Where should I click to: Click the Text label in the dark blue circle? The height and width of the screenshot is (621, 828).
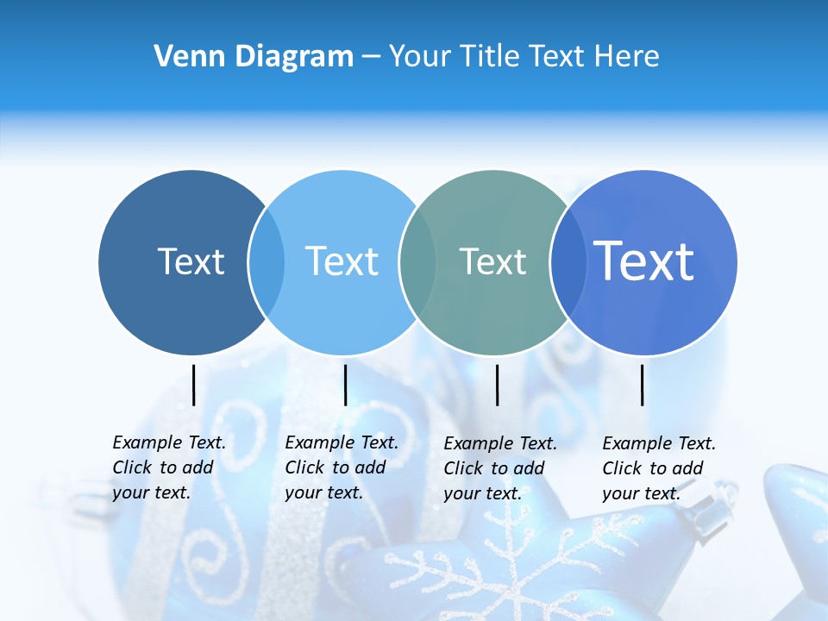click(191, 261)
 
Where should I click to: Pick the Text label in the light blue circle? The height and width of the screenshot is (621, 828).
click(342, 261)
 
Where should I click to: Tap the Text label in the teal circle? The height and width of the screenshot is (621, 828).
click(492, 261)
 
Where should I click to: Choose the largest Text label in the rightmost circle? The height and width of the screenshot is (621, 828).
click(643, 260)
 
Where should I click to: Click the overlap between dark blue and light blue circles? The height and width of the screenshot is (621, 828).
click(267, 261)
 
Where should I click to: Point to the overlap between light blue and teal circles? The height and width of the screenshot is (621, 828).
click(417, 261)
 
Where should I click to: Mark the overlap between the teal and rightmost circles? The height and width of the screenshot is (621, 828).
click(568, 261)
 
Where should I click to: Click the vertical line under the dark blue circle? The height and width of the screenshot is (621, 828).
click(194, 385)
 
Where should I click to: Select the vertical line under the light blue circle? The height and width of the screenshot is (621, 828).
click(345, 385)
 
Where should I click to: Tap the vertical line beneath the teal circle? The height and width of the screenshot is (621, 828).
click(497, 385)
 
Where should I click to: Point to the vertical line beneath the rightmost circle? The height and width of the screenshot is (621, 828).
click(643, 385)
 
